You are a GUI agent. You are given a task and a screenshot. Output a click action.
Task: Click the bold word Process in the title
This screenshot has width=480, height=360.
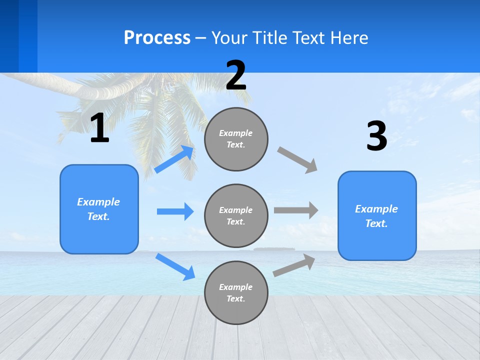[x=157, y=38]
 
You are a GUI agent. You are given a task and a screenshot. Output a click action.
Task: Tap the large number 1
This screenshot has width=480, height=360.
[x=99, y=128]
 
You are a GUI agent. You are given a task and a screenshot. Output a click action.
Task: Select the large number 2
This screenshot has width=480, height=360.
[x=236, y=76]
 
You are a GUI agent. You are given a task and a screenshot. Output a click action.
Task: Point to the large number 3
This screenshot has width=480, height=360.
[x=376, y=136]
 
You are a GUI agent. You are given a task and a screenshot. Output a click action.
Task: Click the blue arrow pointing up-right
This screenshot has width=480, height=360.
[x=174, y=159]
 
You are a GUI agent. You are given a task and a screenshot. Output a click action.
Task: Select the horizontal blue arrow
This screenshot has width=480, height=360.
[x=175, y=211]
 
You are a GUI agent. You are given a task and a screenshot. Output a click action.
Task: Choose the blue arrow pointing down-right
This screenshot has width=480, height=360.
[x=175, y=266]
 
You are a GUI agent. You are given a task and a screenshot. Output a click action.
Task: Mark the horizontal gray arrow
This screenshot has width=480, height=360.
[x=296, y=210]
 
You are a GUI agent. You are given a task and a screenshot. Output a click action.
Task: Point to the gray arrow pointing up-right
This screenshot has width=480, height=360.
[x=294, y=265]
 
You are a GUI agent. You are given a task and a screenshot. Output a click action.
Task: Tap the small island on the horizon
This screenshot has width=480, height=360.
[x=274, y=248]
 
